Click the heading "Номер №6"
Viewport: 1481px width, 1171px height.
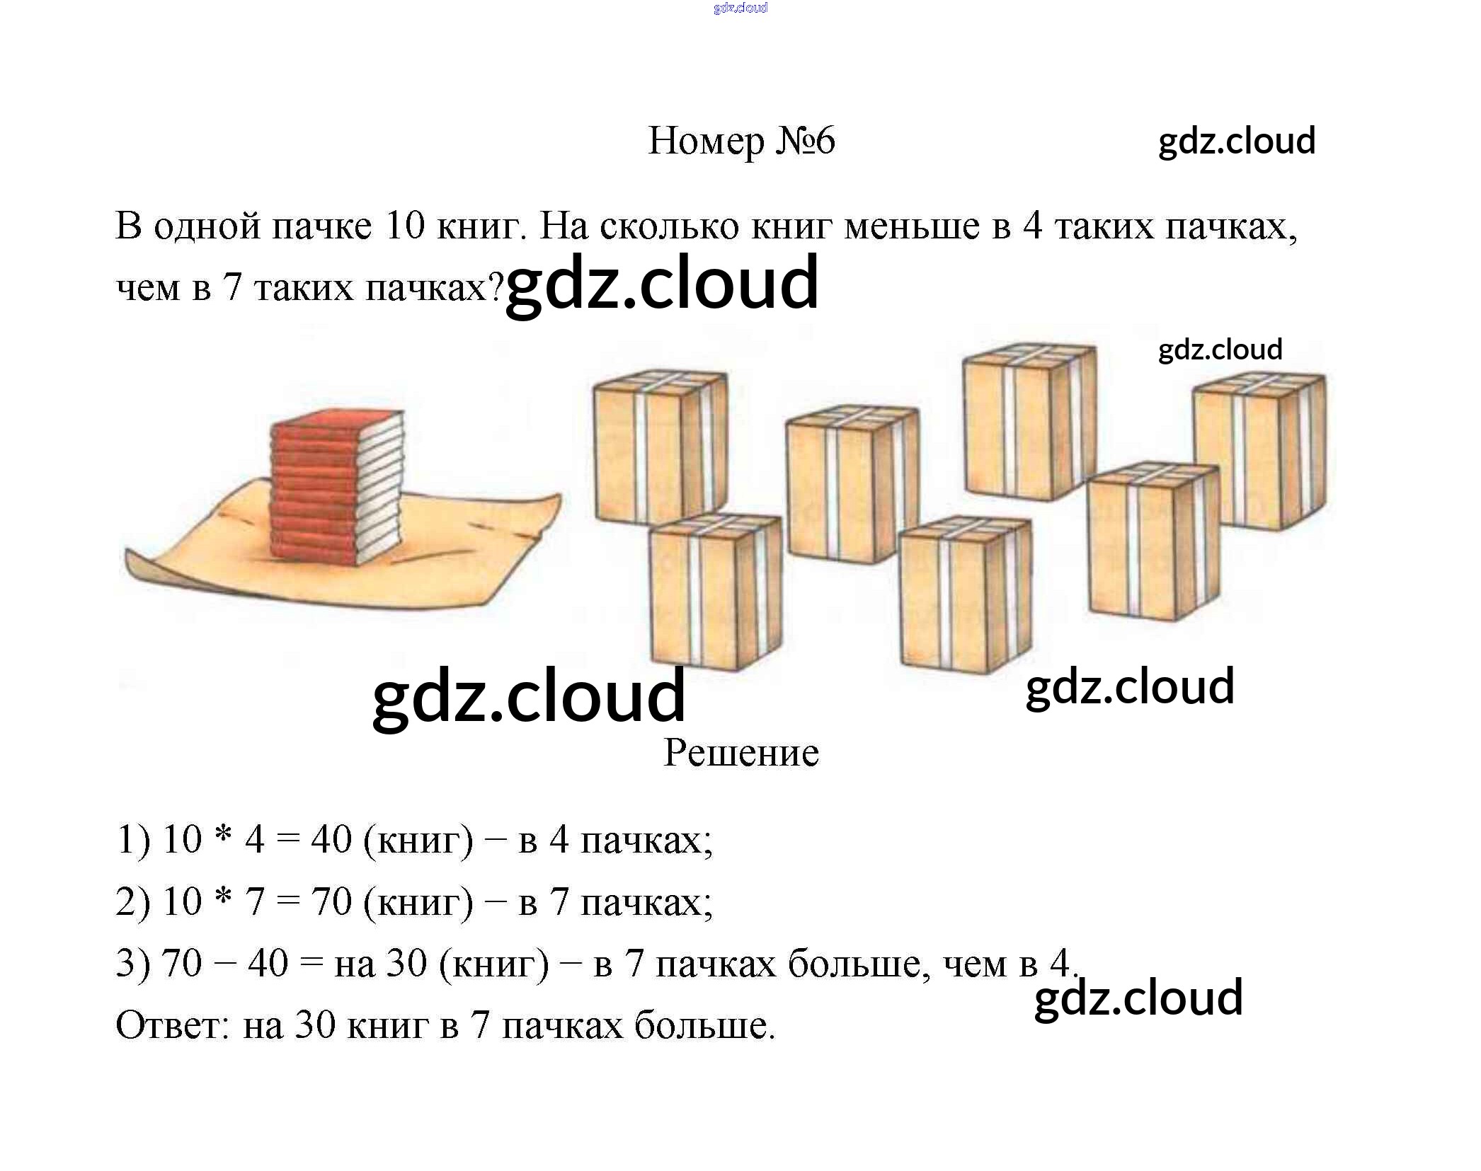point(740,141)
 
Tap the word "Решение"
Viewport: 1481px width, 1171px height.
point(740,753)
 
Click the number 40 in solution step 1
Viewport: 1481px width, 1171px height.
point(331,841)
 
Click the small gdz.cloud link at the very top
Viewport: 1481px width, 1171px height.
point(740,8)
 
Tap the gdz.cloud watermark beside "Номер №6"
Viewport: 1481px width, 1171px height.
point(1236,141)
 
